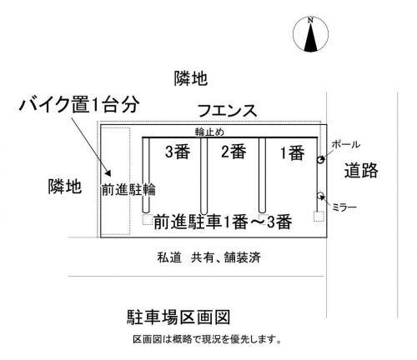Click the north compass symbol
click(x=310, y=34)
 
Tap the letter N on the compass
click(x=310, y=20)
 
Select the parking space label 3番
click(x=178, y=152)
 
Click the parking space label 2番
click(x=234, y=152)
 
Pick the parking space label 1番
click(x=292, y=153)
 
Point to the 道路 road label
click(x=361, y=170)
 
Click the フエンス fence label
click(x=227, y=111)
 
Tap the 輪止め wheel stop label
click(x=209, y=132)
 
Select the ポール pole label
click(x=345, y=144)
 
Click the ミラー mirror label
click(x=344, y=207)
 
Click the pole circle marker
click(x=320, y=160)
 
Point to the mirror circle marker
click(x=320, y=195)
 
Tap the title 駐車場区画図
click(x=178, y=317)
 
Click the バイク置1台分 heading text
click(x=79, y=104)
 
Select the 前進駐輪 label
click(x=128, y=190)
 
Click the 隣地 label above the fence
click(x=191, y=78)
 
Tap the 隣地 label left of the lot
click(x=65, y=186)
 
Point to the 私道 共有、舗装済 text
click(x=209, y=257)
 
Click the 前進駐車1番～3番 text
click(x=223, y=222)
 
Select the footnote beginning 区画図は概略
click(x=207, y=339)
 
